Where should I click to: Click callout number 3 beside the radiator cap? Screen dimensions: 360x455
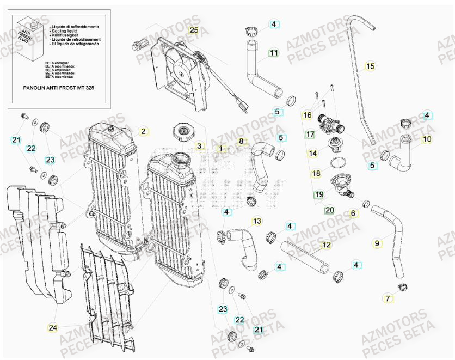click(199, 146)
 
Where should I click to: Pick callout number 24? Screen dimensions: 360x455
click(52, 327)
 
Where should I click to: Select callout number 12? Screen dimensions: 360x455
click(326, 245)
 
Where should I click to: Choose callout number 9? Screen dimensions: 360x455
click(377, 243)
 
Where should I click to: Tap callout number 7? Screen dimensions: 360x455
click(388, 298)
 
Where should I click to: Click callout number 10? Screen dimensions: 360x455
click(427, 139)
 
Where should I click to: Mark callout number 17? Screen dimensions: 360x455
click(310, 134)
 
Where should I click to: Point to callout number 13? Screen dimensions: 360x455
click(257, 221)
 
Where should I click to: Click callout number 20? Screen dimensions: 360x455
click(329, 210)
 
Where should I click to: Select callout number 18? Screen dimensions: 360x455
click(316, 174)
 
